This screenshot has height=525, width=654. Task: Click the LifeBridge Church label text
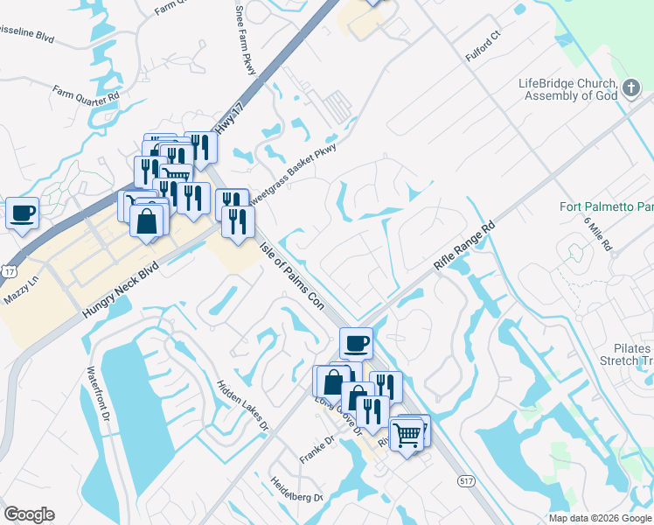pyautogui.click(x=568, y=89)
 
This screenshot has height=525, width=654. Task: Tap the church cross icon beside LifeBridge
pyautogui.click(x=632, y=88)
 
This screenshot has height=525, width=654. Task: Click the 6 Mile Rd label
pyautogui.click(x=598, y=233)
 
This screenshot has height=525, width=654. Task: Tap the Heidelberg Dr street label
pyautogui.click(x=297, y=490)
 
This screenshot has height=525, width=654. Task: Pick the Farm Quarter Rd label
pyautogui.click(x=85, y=91)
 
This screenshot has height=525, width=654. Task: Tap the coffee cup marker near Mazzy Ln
pyautogui.click(x=22, y=212)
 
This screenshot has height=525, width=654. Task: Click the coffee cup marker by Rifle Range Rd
pyautogui.click(x=355, y=342)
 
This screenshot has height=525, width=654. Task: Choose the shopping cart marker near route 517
pyautogui.click(x=407, y=433)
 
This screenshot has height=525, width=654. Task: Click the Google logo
pyautogui.click(x=29, y=514)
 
